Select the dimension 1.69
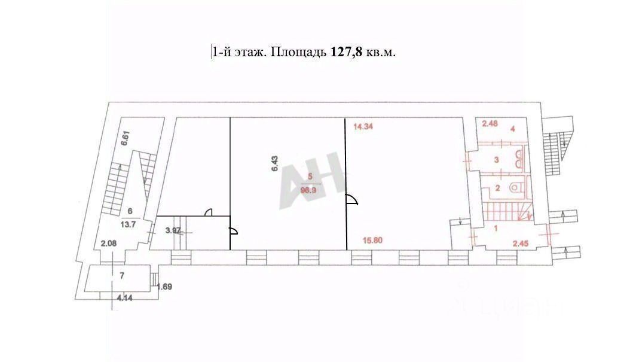point(164,287)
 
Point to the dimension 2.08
point(108,244)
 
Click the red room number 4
point(512,127)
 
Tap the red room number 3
point(496,159)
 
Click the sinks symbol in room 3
point(518,158)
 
